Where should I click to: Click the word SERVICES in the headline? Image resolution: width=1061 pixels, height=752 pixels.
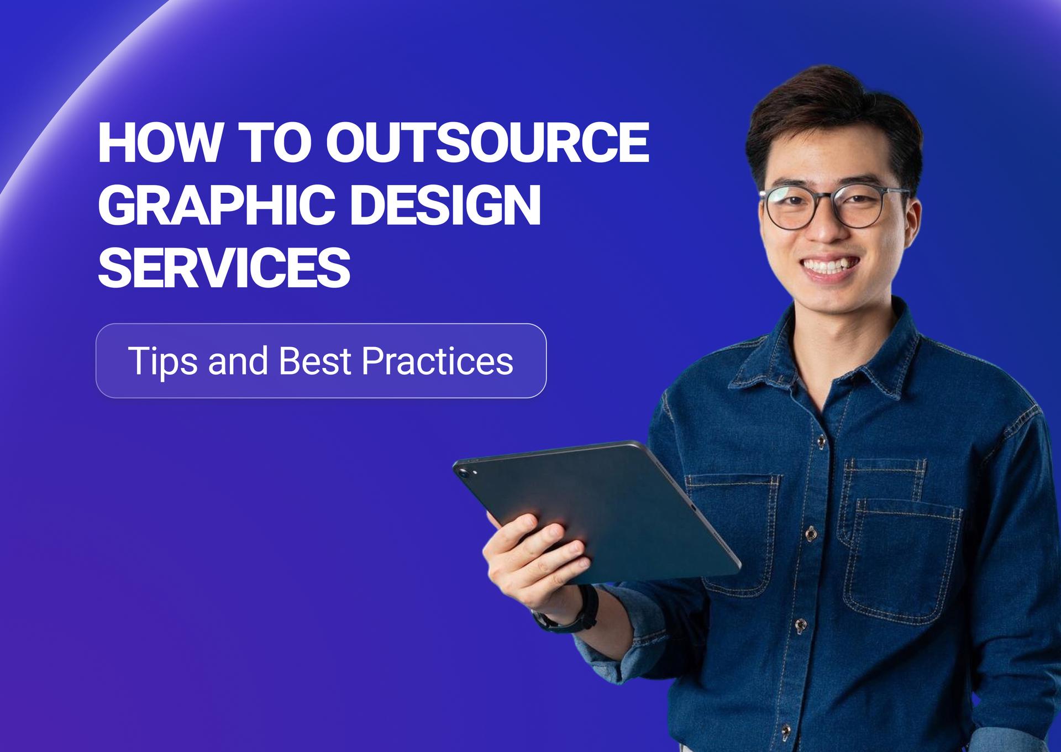click(x=224, y=269)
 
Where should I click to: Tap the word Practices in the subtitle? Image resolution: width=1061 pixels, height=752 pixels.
click(x=437, y=361)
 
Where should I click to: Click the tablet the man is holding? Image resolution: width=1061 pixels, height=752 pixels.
click(x=602, y=508)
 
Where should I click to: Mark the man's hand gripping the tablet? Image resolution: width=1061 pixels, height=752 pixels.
click(x=530, y=553)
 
